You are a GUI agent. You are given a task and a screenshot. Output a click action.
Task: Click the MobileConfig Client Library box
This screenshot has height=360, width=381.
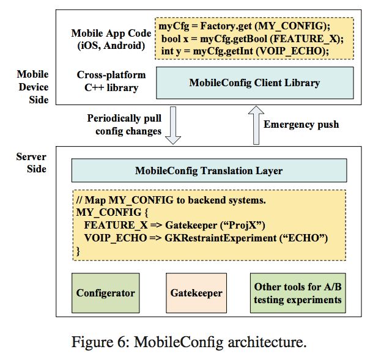255,83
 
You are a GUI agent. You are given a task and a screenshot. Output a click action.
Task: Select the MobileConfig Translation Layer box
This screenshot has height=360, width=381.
209,171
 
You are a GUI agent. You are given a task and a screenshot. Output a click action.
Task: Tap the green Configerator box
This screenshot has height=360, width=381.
105,293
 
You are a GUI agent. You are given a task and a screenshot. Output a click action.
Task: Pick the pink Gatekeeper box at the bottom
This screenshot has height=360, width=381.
196,293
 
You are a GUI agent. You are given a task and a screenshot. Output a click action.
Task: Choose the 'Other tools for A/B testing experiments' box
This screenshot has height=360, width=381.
298,293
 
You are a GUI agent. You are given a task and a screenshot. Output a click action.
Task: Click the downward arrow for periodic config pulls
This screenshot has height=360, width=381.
173,125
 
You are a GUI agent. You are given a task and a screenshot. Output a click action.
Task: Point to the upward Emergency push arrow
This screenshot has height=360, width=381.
256,125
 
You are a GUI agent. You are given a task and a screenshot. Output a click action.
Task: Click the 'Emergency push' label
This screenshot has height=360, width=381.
301,124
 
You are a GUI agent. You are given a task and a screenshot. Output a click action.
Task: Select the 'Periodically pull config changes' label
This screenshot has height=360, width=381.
124,125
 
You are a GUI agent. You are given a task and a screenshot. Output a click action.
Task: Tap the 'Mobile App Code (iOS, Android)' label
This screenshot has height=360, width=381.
111,39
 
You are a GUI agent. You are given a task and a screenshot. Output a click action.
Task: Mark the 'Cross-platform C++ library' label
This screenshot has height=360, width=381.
111,81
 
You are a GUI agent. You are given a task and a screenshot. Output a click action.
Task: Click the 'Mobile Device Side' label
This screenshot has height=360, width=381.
33,87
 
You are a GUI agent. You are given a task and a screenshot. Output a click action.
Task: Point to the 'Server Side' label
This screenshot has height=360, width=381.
31,163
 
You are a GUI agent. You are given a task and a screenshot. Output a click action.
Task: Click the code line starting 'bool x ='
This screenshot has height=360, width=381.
253,39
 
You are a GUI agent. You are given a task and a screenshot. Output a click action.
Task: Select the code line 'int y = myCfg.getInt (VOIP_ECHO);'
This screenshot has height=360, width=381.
245,51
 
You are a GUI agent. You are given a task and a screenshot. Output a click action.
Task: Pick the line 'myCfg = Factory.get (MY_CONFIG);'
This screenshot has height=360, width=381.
245,26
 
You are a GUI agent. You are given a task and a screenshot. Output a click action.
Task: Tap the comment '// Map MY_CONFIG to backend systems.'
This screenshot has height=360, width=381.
171,200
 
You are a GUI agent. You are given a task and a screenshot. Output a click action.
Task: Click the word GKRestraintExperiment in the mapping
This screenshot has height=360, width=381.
221,238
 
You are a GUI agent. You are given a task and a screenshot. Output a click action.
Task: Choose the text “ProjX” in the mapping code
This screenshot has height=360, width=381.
242,225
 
